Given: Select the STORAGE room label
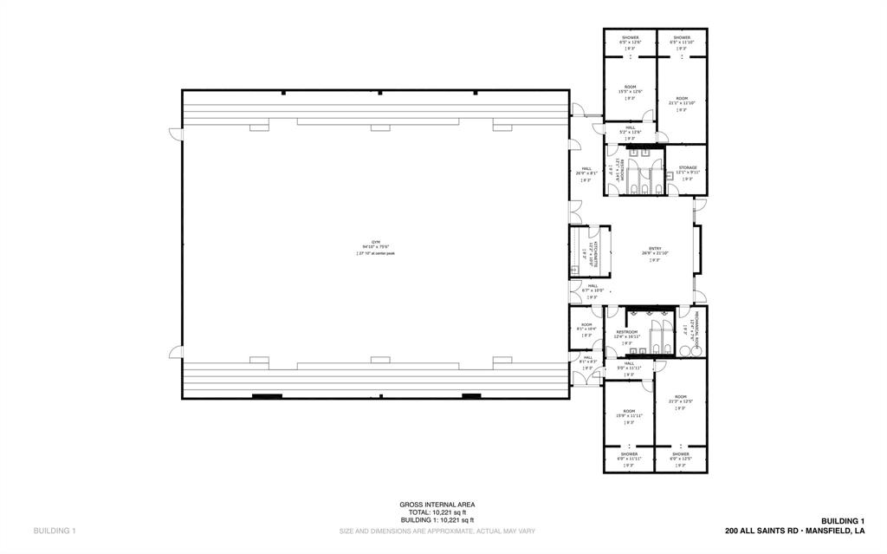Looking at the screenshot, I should click(x=688, y=169).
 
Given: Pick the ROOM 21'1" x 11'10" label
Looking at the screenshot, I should click(x=682, y=101).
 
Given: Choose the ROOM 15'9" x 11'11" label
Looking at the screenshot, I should click(x=629, y=414).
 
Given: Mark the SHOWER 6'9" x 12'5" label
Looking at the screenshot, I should click(x=680, y=456).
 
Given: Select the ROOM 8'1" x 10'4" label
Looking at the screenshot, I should click(x=586, y=327).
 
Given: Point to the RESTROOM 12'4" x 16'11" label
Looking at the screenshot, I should click(x=627, y=335).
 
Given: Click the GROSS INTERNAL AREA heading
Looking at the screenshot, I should click(x=437, y=505).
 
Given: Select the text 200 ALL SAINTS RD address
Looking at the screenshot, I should click(x=795, y=531).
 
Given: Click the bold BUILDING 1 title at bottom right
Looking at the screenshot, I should click(x=843, y=521).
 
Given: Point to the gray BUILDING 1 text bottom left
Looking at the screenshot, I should click(x=55, y=531).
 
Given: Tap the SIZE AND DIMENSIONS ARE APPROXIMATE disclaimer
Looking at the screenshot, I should click(x=437, y=531).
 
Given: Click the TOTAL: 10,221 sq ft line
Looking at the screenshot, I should click(x=437, y=512).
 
